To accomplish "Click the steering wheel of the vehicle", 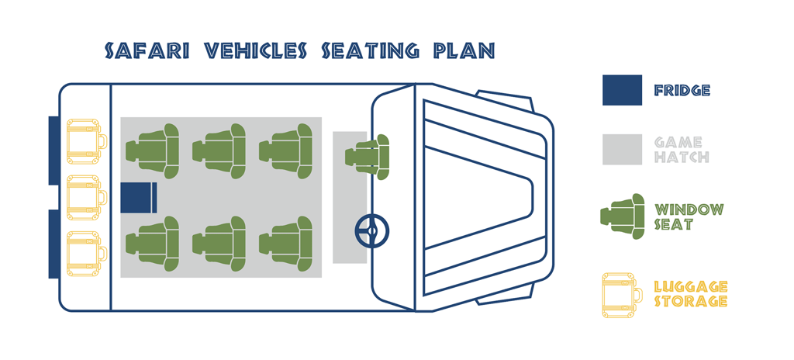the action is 372,230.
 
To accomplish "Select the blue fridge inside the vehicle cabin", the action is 139,197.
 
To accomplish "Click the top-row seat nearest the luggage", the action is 159,151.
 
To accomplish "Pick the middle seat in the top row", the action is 226,151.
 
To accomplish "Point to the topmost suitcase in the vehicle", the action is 86,142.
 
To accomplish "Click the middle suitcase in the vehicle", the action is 86,198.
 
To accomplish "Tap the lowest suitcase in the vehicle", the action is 86,254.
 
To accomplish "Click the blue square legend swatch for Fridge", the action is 622,90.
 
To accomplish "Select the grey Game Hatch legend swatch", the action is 622,150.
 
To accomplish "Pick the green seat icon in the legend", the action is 623,216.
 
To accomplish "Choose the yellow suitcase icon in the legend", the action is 622,295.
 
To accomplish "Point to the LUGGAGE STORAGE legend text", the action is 691,294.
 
